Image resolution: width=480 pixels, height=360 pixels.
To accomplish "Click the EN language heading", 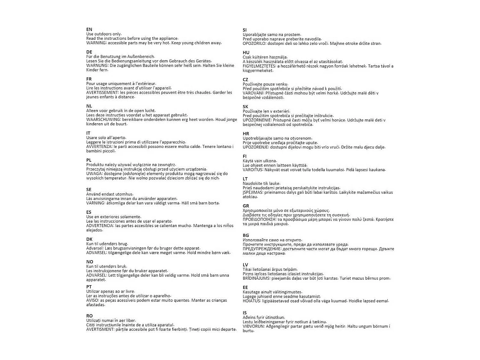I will [89, 29].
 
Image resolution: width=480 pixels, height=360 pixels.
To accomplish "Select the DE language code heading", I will [89, 52].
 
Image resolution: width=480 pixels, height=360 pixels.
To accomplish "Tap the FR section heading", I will [89, 79].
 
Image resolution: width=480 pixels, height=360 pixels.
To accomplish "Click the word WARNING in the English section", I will [96, 43].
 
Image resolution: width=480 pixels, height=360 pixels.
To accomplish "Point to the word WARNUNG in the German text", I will [97, 66].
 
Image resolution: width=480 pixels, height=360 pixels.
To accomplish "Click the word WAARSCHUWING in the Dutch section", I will [103, 120].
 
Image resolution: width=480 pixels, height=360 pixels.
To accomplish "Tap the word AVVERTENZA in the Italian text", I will [99, 147].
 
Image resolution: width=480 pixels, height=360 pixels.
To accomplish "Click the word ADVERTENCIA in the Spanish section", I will [100, 226].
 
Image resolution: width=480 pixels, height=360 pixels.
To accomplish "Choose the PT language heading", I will [89, 287].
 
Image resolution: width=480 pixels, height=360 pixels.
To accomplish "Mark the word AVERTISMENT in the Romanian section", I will [100, 329].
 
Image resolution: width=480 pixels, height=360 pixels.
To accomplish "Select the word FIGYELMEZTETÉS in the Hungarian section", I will [259, 66].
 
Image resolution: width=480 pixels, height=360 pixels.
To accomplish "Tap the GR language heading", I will [246, 206].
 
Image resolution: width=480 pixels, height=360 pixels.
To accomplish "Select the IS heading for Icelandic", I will [245, 313].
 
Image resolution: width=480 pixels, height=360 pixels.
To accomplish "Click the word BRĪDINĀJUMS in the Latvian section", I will [257, 278].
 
